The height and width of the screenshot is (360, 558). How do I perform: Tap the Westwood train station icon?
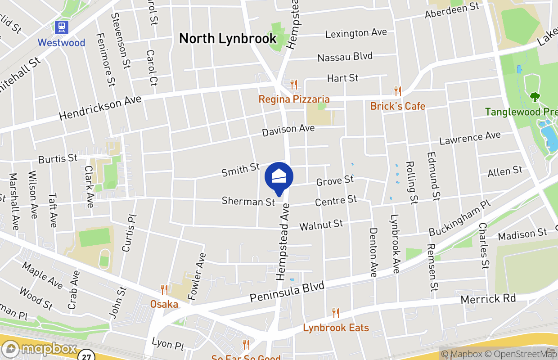61,27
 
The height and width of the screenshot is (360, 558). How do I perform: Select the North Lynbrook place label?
228,39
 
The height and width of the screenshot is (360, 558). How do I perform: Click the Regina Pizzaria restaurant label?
294,99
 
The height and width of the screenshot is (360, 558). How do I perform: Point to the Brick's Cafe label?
397,106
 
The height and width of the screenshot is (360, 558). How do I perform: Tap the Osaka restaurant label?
164,304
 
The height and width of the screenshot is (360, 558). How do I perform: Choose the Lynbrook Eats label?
336,328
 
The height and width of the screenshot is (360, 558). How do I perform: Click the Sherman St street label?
248,201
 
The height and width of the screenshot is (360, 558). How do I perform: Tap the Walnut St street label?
321,225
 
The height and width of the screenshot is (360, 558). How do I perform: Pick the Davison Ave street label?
288,130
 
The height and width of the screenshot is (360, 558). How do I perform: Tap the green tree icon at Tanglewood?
535,96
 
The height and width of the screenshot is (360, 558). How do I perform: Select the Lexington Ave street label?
356,33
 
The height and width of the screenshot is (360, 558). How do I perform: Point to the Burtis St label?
58,159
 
